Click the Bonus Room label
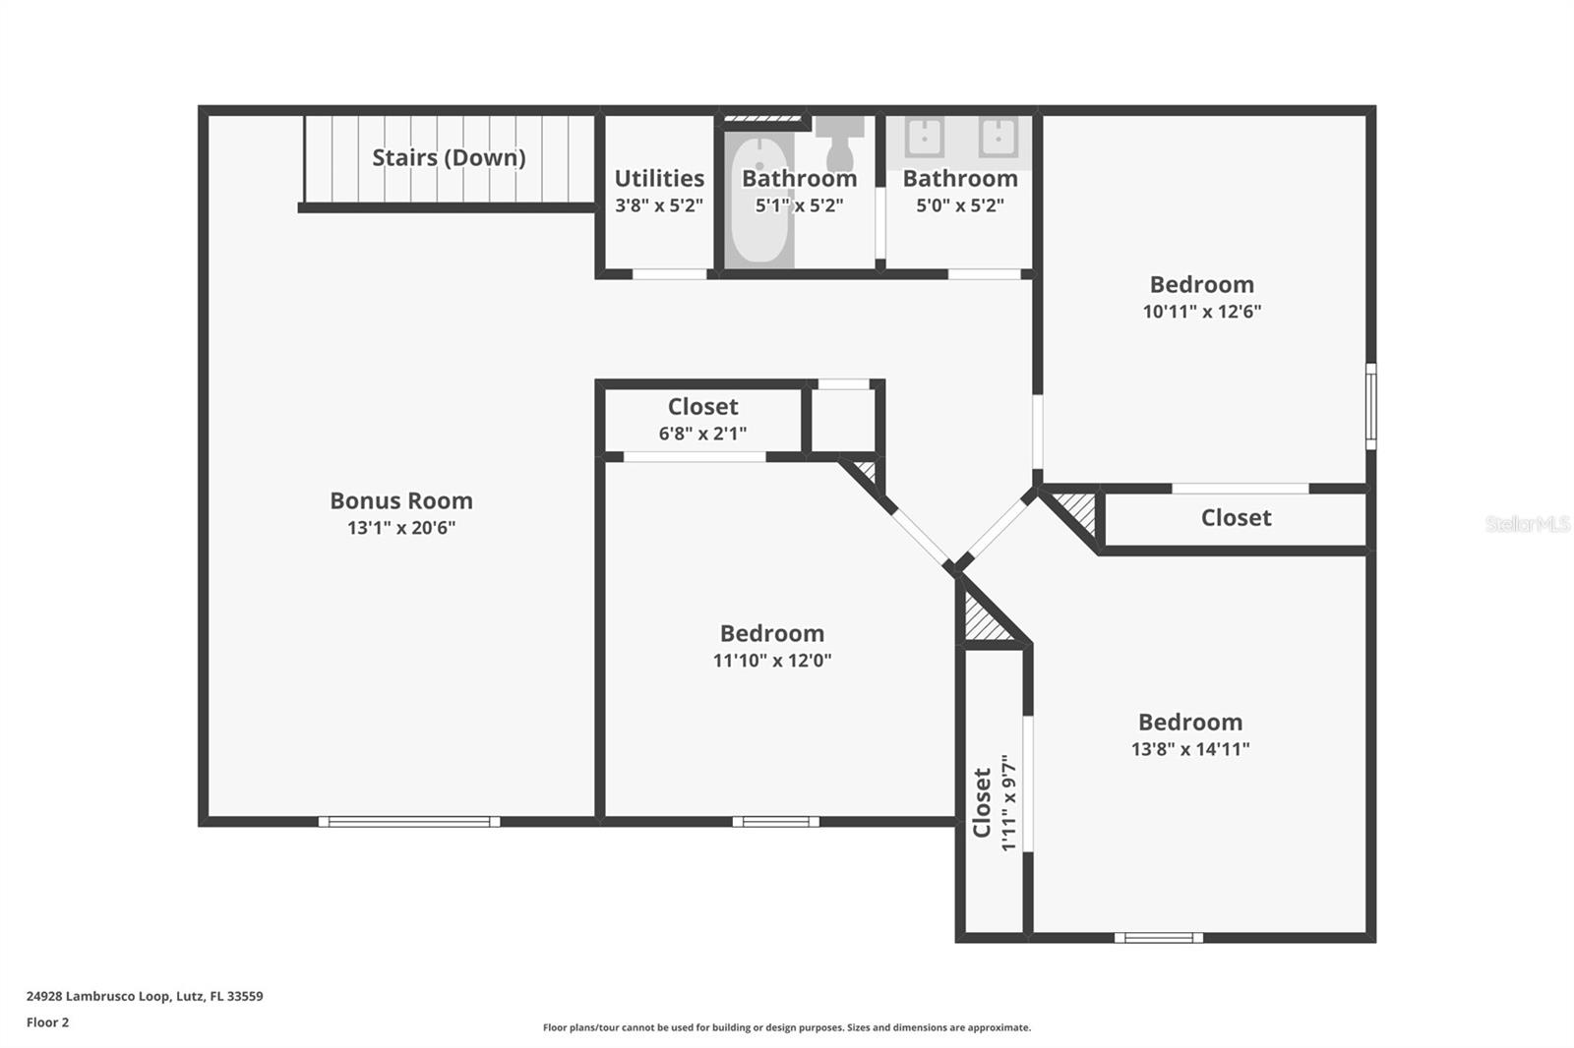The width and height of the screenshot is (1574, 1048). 401,500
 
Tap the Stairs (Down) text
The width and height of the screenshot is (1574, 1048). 449,157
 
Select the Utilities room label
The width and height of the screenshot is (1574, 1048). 659,178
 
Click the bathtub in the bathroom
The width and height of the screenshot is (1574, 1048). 759,202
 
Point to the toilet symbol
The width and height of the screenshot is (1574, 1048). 840,144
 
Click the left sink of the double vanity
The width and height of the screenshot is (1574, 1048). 925,137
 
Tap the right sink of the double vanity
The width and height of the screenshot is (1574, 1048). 998,137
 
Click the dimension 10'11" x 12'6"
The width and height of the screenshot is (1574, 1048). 1201,312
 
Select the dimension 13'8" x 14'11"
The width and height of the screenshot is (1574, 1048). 1190,749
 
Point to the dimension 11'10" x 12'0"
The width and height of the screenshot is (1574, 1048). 772,661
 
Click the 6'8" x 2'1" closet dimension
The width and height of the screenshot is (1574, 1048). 702,434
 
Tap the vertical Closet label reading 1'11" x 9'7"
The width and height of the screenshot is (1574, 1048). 994,802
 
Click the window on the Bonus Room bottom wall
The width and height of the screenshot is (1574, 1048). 409,822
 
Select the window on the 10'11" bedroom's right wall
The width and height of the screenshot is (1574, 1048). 1370,406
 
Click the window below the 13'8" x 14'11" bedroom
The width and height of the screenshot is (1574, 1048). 1159,938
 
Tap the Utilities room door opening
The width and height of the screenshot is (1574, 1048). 669,274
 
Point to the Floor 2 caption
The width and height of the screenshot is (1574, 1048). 47,1022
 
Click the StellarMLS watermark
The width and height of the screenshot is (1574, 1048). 1527,524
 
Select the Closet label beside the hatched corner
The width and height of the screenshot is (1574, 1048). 1236,518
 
